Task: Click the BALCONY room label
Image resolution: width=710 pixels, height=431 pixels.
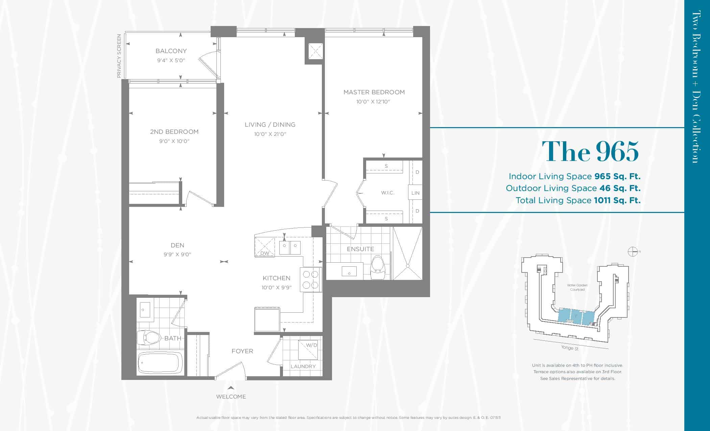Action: (171, 51)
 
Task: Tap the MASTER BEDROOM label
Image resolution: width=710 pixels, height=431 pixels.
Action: (374, 92)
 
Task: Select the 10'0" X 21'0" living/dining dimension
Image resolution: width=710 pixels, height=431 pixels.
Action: (270, 134)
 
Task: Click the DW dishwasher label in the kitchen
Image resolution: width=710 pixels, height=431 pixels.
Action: (265, 253)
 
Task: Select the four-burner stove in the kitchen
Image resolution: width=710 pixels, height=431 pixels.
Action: (311, 279)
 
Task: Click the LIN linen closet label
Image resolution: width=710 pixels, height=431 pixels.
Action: (416, 193)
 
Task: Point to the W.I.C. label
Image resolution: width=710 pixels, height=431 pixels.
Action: (388, 193)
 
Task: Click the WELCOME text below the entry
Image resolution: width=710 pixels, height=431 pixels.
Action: (231, 397)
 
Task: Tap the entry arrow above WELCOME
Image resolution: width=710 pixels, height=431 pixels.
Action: (231, 388)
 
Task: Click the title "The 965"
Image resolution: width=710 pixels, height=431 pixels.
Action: (590, 151)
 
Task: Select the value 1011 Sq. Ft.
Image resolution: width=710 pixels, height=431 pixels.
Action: (617, 200)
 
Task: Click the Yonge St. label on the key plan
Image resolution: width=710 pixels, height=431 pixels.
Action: (570, 348)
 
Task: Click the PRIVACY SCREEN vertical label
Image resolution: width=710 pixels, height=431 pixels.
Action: (119, 56)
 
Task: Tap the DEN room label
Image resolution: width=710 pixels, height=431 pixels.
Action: (177, 245)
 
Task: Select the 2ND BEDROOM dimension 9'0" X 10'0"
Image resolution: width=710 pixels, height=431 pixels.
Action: (174, 141)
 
